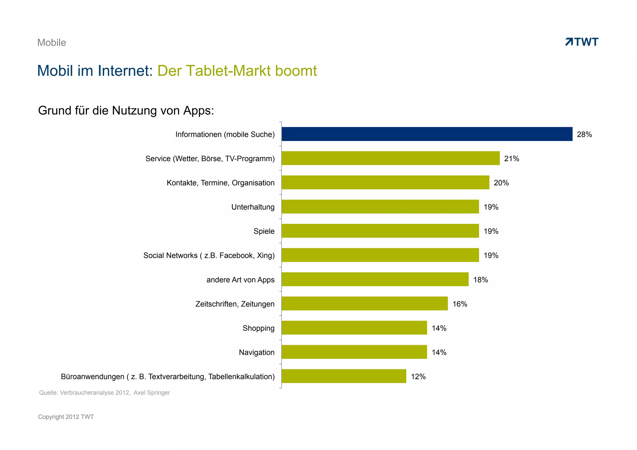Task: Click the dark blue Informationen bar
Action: tap(427, 134)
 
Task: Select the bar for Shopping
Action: tap(354, 328)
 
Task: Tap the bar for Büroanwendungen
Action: tap(344, 376)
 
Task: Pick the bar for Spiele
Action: tap(380, 231)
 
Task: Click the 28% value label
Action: tap(584, 134)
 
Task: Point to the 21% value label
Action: tap(511, 159)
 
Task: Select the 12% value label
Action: tap(418, 377)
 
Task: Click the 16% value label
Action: tap(460, 304)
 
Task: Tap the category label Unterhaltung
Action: tap(253, 207)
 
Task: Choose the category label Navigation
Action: tap(256, 352)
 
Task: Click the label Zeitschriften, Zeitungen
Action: tap(235, 304)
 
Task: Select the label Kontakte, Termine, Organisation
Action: tap(220, 183)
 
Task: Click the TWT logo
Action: tap(582, 42)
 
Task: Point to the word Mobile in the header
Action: tap(52, 43)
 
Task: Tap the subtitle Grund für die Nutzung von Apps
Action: tap(126, 110)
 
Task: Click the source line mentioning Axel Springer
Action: tap(105, 392)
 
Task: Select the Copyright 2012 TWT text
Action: tap(66, 417)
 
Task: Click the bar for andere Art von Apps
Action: tap(375, 279)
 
